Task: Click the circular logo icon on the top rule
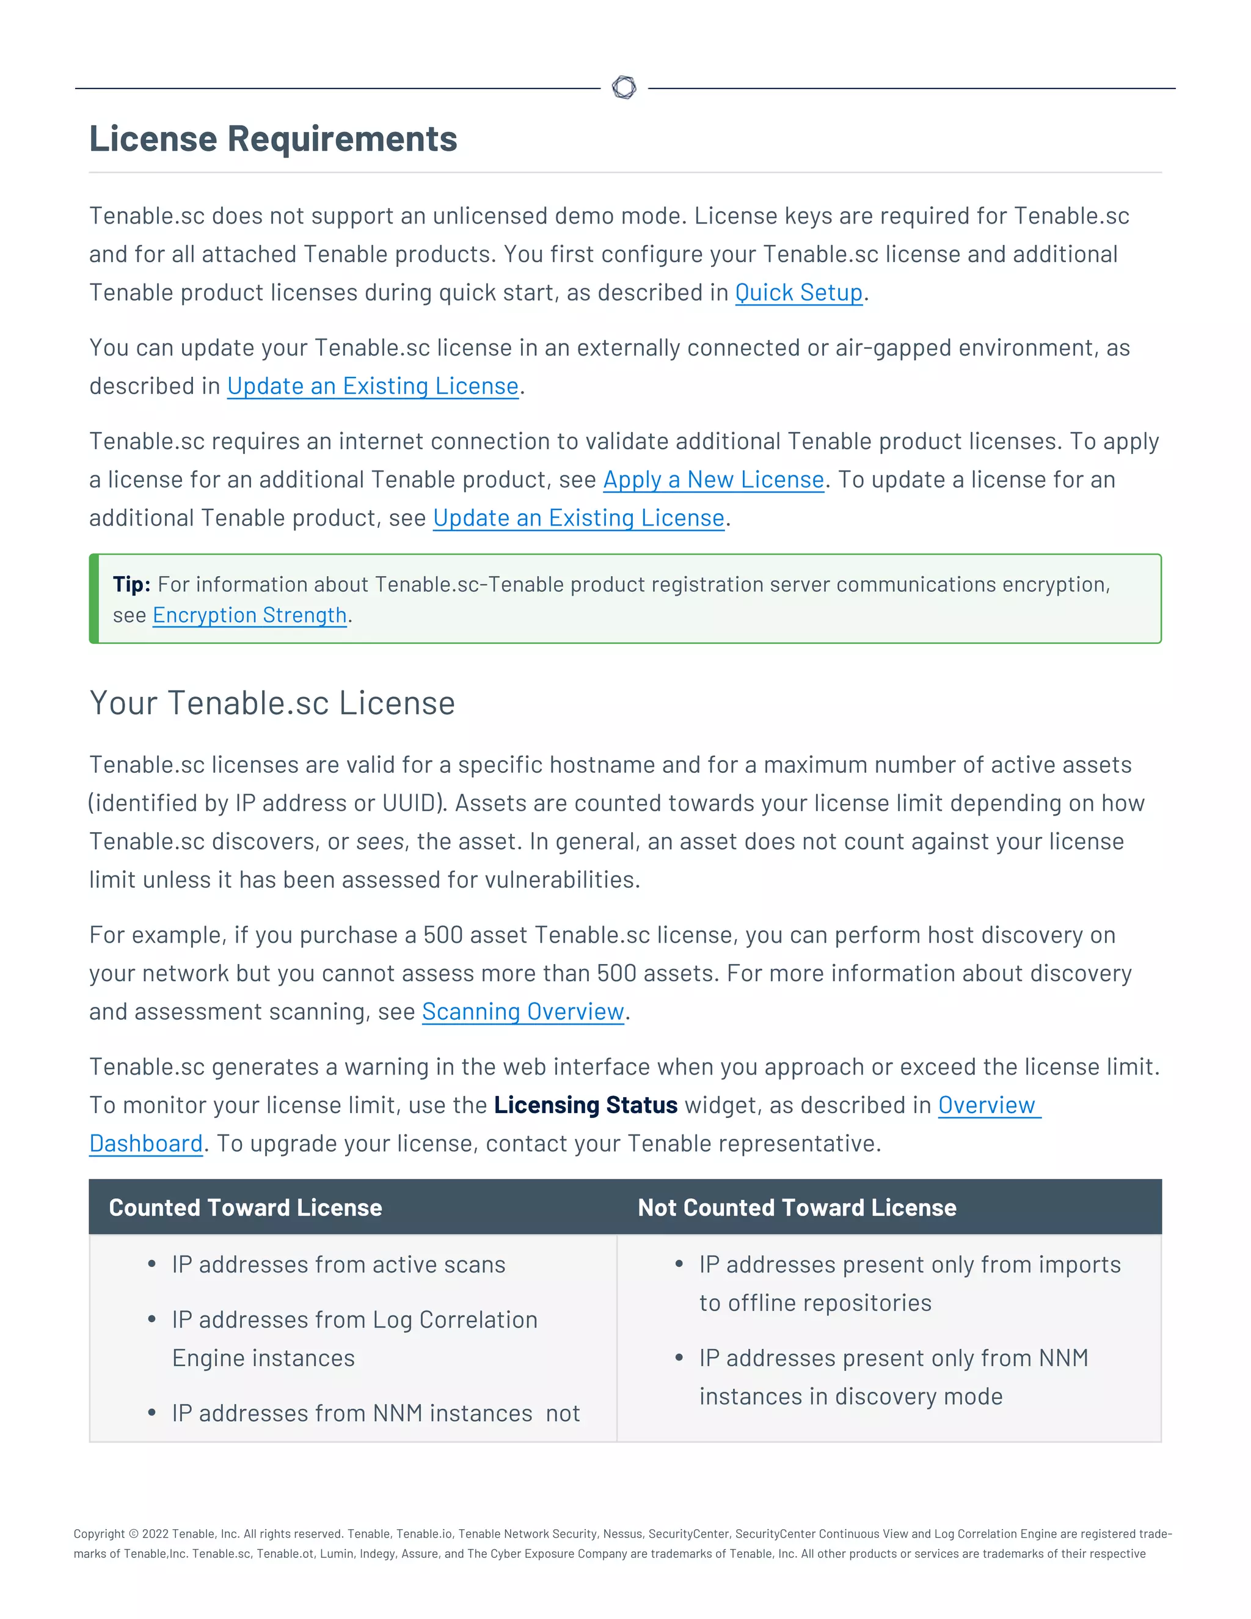coord(624,87)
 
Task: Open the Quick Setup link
coord(798,293)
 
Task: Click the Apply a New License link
coord(713,480)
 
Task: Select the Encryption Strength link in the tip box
coord(250,615)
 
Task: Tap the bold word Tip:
coord(131,584)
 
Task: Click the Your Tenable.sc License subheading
coord(272,703)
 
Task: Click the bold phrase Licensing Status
coord(585,1105)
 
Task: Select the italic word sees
coord(379,842)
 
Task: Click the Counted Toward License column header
coord(246,1208)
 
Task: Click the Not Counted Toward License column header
coord(797,1208)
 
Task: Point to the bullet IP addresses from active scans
coord(338,1265)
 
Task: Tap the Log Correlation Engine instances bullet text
coord(354,1339)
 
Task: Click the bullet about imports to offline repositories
coord(910,1283)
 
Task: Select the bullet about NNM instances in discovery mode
coord(893,1377)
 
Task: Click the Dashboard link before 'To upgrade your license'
coord(146,1144)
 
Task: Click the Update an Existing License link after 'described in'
coord(372,386)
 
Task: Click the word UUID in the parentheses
coord(409,803)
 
